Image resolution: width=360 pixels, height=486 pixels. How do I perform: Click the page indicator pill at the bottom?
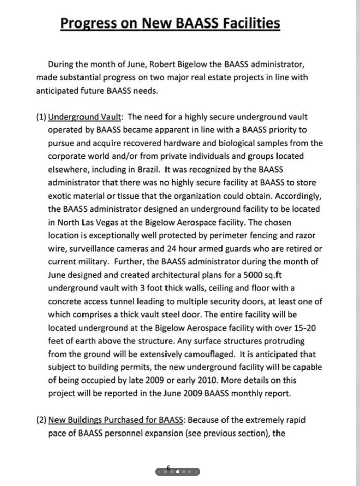coord(177,471)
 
